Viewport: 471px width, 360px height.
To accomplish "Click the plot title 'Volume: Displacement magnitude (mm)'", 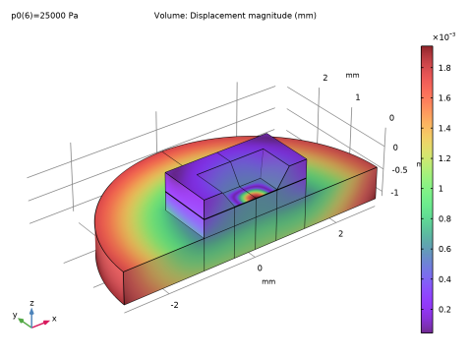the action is [x=235, y=16].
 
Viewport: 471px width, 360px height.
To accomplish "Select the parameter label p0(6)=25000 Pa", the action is [x=44, y=16].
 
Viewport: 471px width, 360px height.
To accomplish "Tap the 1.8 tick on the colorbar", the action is [x=444, y=68].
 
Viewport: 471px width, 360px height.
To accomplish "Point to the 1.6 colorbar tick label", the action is [x=444, y=98].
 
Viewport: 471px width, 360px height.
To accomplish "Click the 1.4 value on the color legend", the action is [x=444, y=128].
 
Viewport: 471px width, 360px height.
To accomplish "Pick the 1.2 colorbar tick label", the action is [x=444, y=158].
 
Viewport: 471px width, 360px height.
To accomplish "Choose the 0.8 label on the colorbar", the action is [x=444, y=218].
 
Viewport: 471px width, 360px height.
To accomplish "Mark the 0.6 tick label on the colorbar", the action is [x=444, y=249].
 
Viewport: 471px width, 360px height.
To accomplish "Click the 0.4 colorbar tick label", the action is [x=444, y=279].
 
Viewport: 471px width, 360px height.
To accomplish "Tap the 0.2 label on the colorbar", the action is [x=444, y=310].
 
